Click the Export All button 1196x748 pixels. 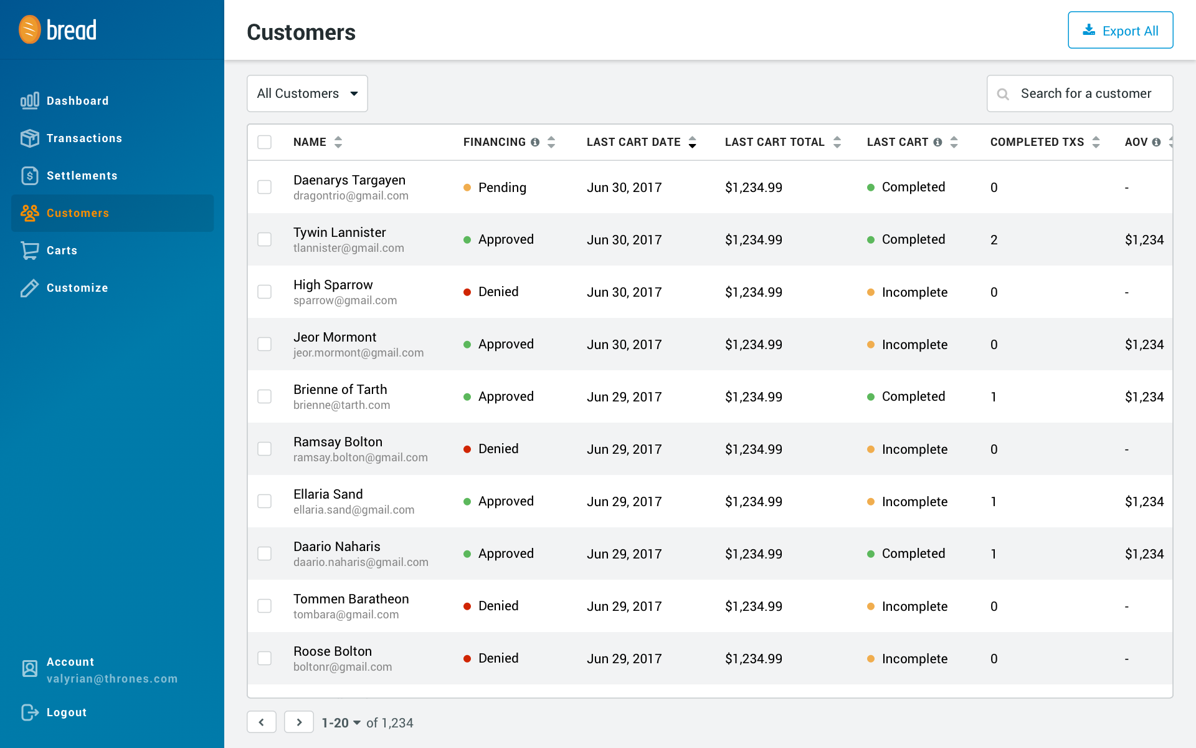[x=1120, y=31]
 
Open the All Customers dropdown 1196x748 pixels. [x=307, y=93]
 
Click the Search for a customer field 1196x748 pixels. [x=1085, y=93]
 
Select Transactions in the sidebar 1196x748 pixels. [x=84, y=138]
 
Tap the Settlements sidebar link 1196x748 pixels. [x=82, y=176]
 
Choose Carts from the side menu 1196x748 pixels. [x=62, y=251]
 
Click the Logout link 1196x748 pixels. [x=66, y=712]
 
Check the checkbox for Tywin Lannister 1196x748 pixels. [x=265, y=239]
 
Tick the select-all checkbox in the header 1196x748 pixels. [x=265, y=142]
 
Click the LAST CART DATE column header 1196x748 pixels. [x=634, y=142]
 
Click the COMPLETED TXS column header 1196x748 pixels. [x=1037, y=142]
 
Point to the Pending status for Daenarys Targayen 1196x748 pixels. [x=501, y=188]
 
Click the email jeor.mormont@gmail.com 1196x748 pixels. [x=358, y=353]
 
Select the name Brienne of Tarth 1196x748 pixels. [x=340, y=390]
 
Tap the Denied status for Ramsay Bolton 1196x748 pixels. [x=498, y=449]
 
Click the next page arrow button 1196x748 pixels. [x=299, y=722]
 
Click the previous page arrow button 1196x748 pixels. [x=262, y=722]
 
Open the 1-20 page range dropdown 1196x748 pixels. [x=341, y=723]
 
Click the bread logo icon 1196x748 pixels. [x=30, y=29]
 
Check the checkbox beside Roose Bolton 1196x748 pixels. [x=265, y=658]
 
